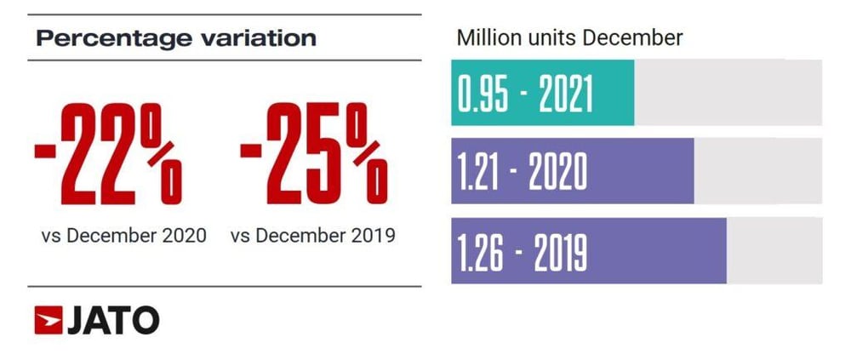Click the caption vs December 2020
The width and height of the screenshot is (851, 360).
click(x=123, y=236)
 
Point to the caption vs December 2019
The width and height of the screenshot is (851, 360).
click(x=313, y=236)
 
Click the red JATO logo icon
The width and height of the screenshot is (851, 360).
click(x=48, y=321)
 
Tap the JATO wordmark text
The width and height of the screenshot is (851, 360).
click(x=112, y=321)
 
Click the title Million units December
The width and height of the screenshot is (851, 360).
click(x=570, y=38)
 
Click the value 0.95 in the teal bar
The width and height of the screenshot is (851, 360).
click(x=483, y=94)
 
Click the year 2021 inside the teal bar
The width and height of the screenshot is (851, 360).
click(x=563, y=94)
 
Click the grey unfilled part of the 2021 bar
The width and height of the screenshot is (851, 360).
click(x=728, y=94)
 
